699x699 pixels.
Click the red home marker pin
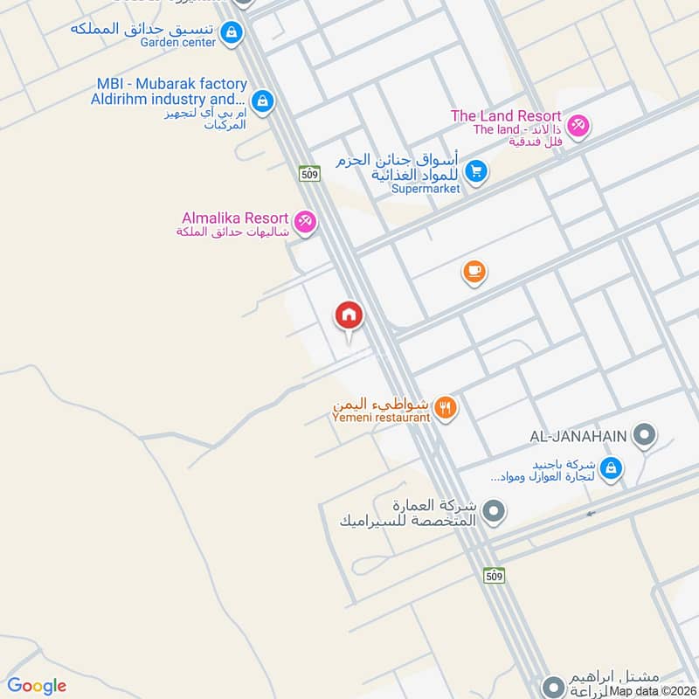[x=349, y=315]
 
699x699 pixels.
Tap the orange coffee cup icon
[x=474, y=273]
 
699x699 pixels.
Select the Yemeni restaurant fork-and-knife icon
[x=446, y=407]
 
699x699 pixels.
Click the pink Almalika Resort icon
[x=305, y=222]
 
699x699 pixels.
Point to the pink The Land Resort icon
[x=578, y=125]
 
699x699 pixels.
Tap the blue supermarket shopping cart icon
[x=475, y=170]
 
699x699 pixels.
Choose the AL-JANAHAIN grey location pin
[x=644, y=433]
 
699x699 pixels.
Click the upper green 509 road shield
[x=308, y=174]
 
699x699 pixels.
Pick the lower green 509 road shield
[x=494, y=576]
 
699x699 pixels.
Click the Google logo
[x=37, y=687]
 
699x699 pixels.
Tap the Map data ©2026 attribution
[x=654, y=691]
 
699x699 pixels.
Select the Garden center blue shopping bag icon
[x=231, y=33]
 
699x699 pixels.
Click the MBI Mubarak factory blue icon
[x=262, y=102]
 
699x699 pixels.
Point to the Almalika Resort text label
[x=235, y=218]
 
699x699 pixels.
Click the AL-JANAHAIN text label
[x=578, y=434]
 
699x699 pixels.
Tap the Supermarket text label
[x=426, y=189]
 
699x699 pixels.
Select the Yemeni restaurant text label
[x=381, y=418]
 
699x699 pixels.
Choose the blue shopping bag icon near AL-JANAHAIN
[x=612, y=468]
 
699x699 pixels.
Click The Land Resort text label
[x=506, y=116]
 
